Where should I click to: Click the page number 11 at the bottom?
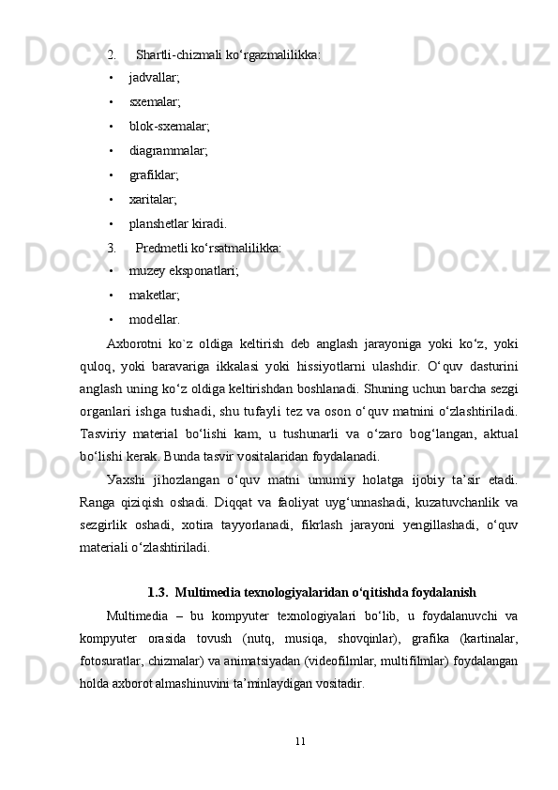coord(299,741)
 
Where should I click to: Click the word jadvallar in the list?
coord(153,78)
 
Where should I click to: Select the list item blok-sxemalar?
coord(169,126)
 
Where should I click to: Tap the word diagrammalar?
coord(168,150)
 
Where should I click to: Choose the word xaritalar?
coord(152,199)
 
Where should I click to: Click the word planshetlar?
coord(158,223)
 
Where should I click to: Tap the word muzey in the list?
coord(146,272)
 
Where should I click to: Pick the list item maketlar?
coord(154,296)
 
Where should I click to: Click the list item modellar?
coord(154,321)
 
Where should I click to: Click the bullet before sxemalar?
coord(112,102)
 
